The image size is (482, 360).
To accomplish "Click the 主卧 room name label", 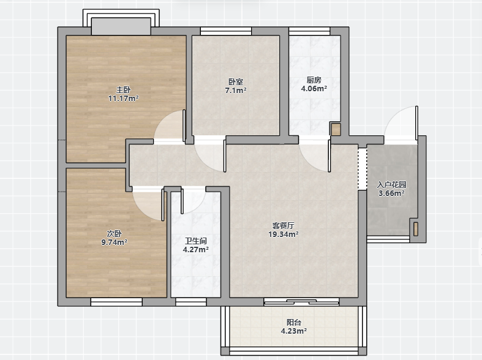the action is tap(123, 90).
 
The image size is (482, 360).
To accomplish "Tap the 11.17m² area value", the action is tap(123, 99).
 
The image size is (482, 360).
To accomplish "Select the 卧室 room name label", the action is tap(236, 82).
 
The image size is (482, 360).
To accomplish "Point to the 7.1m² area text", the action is tap(236, 91).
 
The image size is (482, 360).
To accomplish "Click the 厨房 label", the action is tap(314, 80).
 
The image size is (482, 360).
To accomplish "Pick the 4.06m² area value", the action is tap(314, 89).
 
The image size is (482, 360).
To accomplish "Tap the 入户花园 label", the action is tap(391, 185).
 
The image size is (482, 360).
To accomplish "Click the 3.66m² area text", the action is tap(391, 193).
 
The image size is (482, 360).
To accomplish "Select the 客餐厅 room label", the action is tap(284, 226).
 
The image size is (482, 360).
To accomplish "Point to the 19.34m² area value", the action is tap(284, 234).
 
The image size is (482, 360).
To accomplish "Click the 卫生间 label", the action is tap(196, 241).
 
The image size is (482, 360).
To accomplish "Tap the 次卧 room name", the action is tap(115, 234).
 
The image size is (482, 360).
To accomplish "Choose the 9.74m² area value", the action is tap(115, 242).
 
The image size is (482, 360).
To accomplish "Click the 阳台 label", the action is tap(294, 323).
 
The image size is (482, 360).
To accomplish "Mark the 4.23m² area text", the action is tap(294, 331).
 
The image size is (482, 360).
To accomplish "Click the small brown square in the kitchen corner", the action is tap(336, 129).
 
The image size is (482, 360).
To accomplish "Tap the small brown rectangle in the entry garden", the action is tap(416, 229).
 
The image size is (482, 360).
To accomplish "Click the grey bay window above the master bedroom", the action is tap(121, 26).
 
